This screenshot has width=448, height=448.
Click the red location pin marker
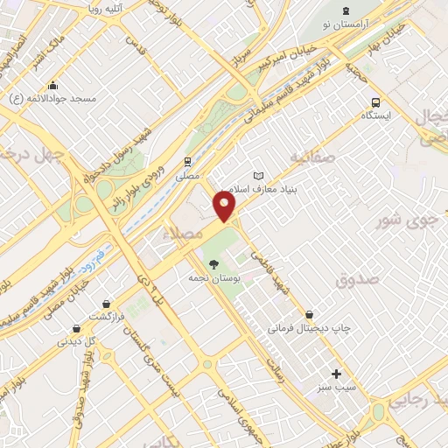224,206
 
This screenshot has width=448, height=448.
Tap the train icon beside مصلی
186,162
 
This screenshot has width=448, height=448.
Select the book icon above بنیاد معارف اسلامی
256,175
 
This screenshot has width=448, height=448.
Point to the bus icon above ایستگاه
376,101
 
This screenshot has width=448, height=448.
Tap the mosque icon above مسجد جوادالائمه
53,85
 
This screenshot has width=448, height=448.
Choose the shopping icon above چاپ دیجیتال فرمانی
310,314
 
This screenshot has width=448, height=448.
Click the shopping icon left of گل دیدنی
76,329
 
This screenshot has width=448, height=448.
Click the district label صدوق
357,280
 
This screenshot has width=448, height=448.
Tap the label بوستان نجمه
209,277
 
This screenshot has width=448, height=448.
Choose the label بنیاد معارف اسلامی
262,188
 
